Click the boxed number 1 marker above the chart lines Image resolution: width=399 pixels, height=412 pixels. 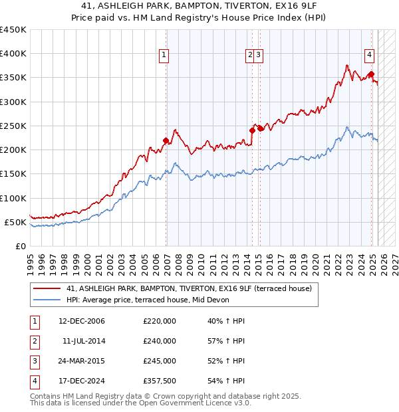[x=163, y=56]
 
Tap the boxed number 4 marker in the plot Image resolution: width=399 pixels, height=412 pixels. [x=369, y=56]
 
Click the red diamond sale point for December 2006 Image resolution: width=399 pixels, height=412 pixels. [x=166, y=140]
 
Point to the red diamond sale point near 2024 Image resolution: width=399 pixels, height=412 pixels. [x=371, y=74]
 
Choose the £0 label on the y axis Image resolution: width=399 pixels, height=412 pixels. [x=20, y=246]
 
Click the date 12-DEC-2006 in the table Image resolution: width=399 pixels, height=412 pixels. [x=82, y=321]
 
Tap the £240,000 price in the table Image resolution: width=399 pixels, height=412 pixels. [x=160, y=341]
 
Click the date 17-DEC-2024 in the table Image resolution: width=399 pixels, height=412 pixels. [x=82, y=381]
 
